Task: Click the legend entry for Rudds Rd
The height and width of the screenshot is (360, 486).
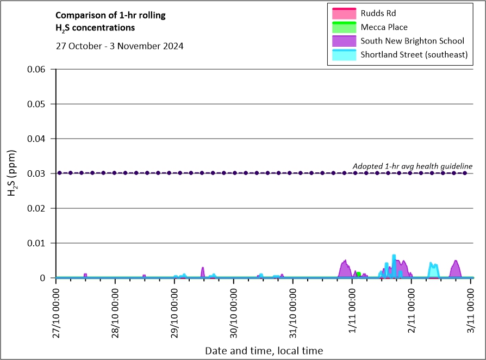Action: (364, 14)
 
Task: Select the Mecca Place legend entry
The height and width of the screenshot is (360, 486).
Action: (370, 27)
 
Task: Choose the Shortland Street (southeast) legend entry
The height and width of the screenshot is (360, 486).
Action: (400, 54)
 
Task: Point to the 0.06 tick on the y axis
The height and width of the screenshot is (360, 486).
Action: (36, 69)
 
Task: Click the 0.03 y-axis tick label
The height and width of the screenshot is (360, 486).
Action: (36, 173)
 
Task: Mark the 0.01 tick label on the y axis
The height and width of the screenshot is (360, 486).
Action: (36, 243)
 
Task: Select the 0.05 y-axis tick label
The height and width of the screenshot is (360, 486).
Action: (36, 104)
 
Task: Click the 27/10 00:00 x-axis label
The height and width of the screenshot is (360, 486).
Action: (56, 313)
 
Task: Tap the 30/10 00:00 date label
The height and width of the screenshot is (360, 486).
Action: (234, 313)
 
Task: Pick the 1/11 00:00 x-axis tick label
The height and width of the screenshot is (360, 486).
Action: (352, 311)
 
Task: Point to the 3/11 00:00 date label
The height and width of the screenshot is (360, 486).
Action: (471, 311)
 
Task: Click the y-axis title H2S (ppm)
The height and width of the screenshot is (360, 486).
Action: (12, 173)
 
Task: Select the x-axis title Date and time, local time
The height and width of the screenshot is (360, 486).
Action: (264, 351)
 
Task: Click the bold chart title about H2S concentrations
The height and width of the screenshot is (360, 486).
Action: (110, 22)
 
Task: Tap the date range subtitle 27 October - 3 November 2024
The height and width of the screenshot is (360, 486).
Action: (120, 46)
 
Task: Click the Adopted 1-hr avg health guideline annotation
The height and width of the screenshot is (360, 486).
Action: (413, 166)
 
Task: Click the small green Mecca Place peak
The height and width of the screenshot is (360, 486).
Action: (359, 274)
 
